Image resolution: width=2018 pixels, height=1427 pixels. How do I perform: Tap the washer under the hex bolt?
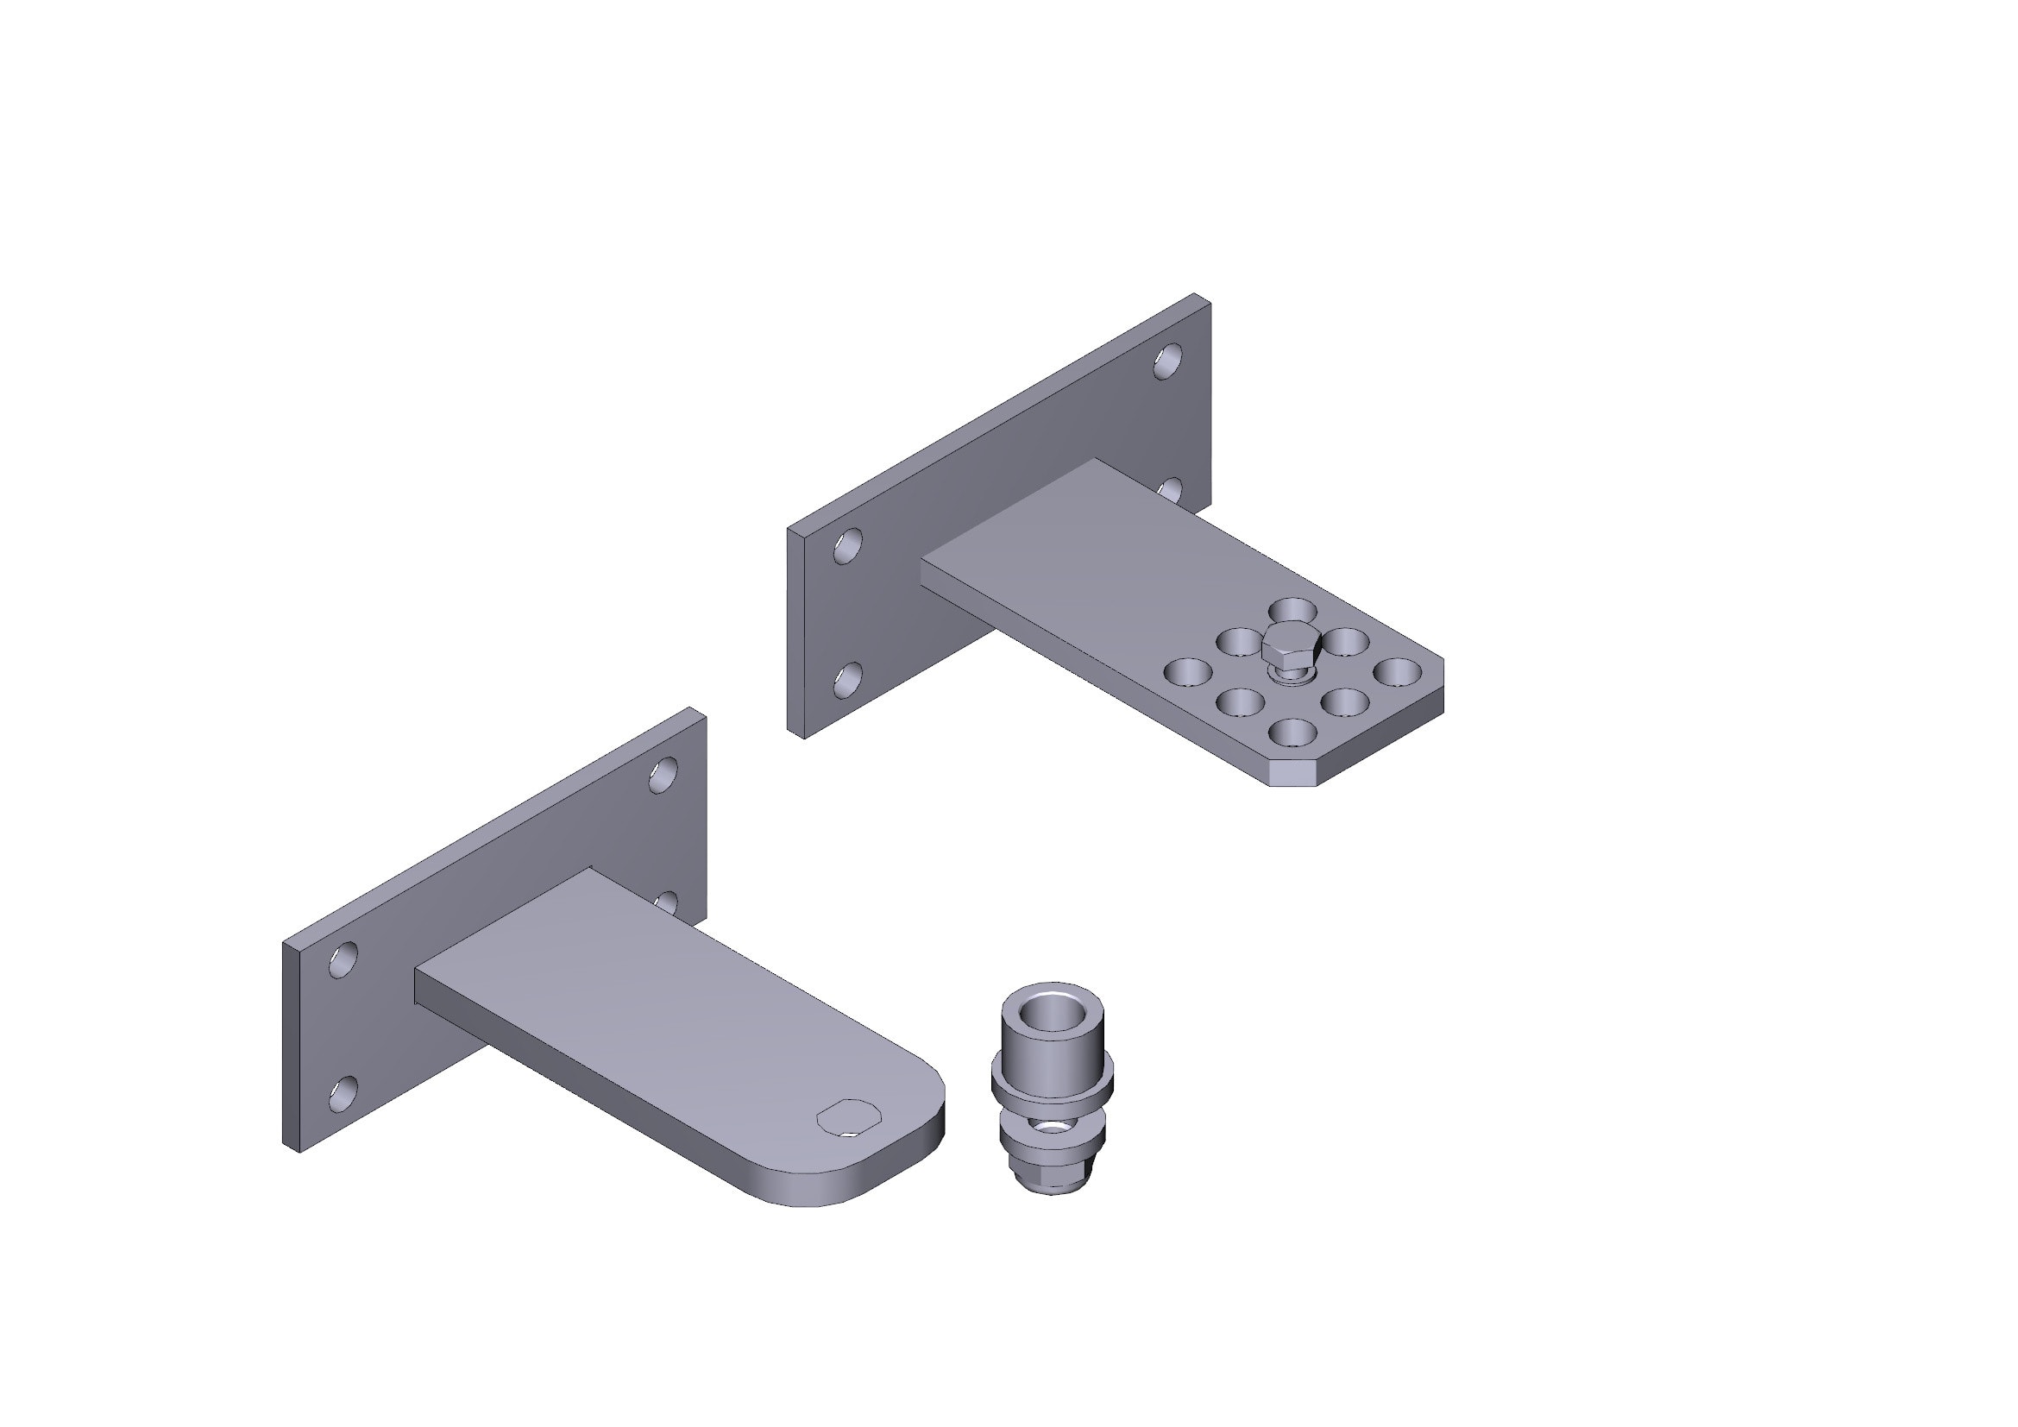pos(1290,675)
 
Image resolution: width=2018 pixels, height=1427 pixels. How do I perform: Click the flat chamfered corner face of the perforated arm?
pos(1294,773)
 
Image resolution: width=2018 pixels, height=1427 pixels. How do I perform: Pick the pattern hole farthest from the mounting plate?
pos(1397,672)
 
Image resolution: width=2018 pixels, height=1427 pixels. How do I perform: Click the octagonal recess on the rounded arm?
pos(848,1117)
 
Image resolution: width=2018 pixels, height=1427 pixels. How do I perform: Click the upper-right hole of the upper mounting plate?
pos(1167,361)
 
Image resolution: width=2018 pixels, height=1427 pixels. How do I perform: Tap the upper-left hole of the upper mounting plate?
pos(847,545)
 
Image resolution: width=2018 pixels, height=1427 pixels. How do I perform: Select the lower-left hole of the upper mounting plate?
pos(847,680)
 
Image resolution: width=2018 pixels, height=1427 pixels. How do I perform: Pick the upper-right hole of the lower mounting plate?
pos(663,774)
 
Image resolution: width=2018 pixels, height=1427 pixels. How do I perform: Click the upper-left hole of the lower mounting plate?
pos(343,959)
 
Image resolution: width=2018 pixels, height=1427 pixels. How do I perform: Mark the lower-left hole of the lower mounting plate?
pos(343,1093)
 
